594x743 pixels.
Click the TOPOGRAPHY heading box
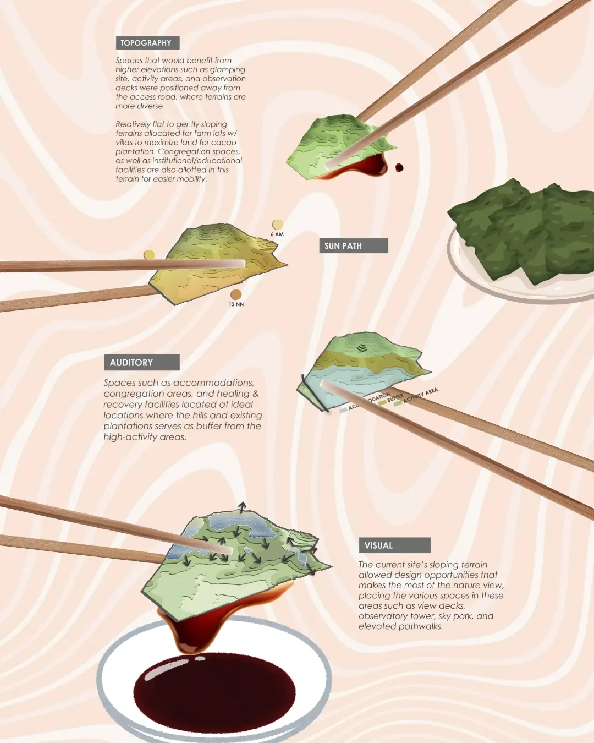tap(147, 43)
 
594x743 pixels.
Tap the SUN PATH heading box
tap(354, 246)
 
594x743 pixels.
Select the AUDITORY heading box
tap(141, 362)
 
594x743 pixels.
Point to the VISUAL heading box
tap(394, 545)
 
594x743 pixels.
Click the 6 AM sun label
tap(277, 234)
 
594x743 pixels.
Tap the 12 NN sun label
tap(236, 304)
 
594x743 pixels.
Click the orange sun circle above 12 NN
tap(236, 294)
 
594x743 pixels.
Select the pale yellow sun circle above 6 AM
tap(278, 224)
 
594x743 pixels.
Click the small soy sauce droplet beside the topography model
tap(399, 167)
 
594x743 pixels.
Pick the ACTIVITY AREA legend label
tap(421, 395)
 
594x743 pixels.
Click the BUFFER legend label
tap(395, 398)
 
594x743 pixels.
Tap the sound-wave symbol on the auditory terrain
tap(361, 347)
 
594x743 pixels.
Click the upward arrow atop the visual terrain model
tap(241, 506)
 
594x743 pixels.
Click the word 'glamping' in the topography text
tap(227, 70)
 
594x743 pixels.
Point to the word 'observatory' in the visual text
tap(381, 616)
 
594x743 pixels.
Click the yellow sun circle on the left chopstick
tap(149, 255)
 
